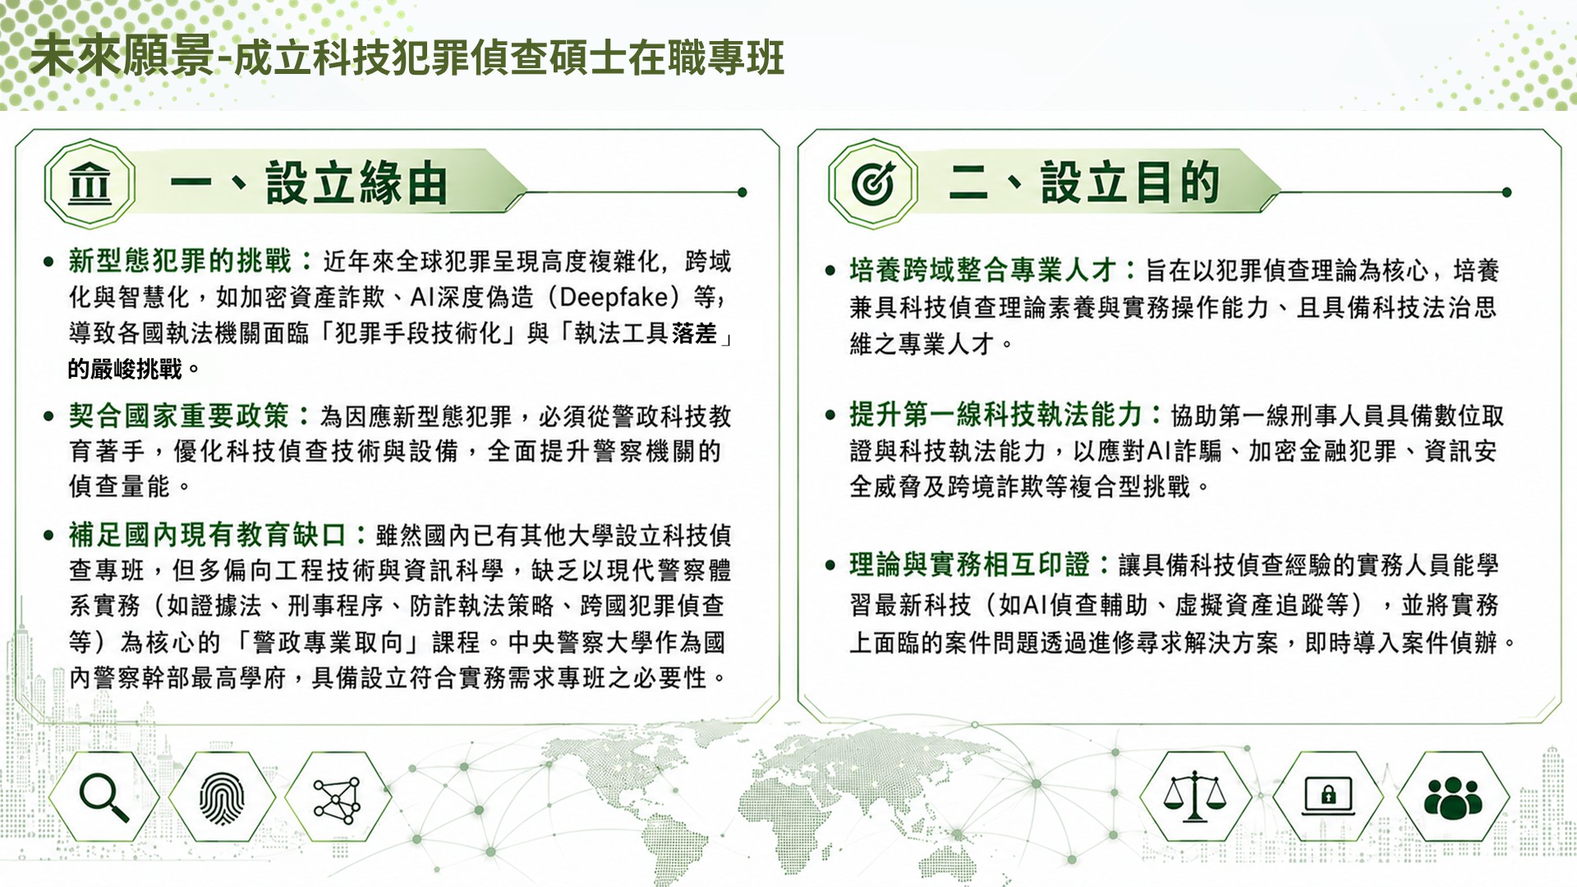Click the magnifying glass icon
pyautogui.click(x=103, y=797)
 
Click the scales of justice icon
pyautogui.click(x=1194, y=796)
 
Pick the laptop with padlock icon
pyautogui.click(x=1328, y=795)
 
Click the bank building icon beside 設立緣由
pyautogui.click(x=90, y=183)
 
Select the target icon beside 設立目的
pyautogui.click(x=873, y=183)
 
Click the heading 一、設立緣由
pyautogui.click(x=309, y=182)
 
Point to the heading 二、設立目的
pyautogui.click(x=1084, y=182)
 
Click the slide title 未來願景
pyautogui.click(x=122, y=57)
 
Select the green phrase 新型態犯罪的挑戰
pyautogui.click(x=180, y=261)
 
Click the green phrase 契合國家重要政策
pyautogui.click(x=179, y=416)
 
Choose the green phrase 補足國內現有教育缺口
pyautogui.click(x=207, y=535)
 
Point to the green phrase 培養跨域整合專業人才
pyautogui.click(x=982, y=269)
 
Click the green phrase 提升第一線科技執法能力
pyautogui.click(x=995, y=415)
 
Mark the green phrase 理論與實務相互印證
pyautogui.click(x=969, y=565)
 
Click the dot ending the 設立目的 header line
pyautogui.click(x=1506, y=192)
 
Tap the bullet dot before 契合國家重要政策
pyautogui.click(x=48, y=416)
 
